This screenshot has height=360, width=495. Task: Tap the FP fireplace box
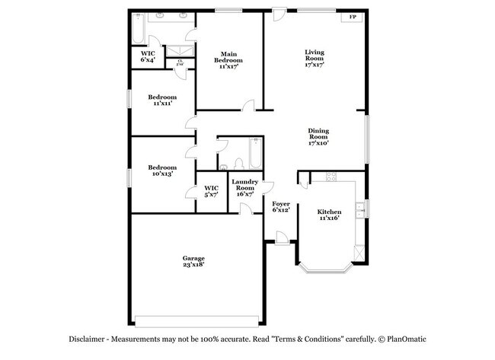click(352, 18)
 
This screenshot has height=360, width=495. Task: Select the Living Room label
click(315, 56)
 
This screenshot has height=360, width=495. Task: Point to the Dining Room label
click(318, 133)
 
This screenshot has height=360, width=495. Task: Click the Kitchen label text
click(329, 211)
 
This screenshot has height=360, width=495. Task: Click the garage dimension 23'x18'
click(193, 266)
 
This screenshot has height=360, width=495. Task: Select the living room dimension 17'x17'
click(315, 65)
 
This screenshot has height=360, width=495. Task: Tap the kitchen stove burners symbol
click(331, 177)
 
